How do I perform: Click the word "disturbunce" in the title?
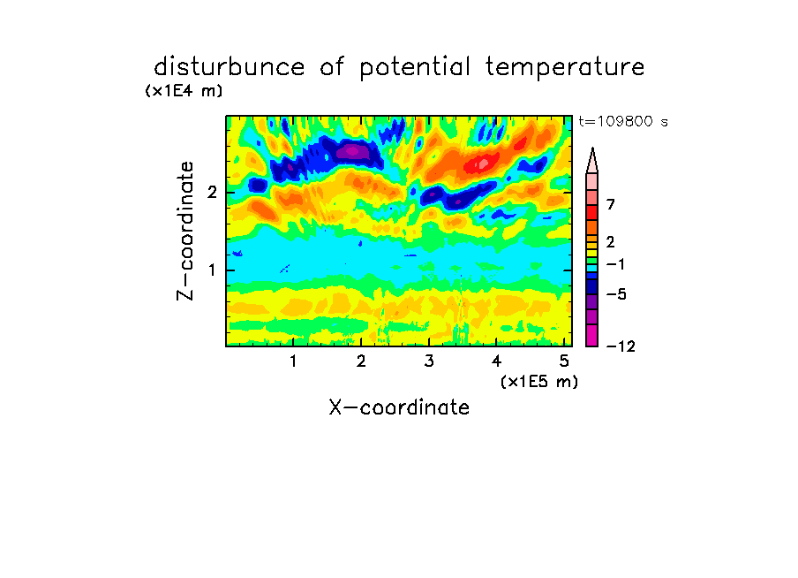[x=230, y=67]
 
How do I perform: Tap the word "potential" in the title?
[x=415, y=68]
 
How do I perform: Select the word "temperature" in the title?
[x=565, y=68]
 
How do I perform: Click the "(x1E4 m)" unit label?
[x=184, y=91]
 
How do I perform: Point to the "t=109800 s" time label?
[x=623, y=121]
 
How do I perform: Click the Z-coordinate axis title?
[x=185, y=231]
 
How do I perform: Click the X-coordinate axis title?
[x=399, y=407]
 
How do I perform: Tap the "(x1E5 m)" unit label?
[x=539, y=381]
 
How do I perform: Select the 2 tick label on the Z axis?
[x=212, y=193]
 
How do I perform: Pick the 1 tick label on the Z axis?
[x=212, y=270]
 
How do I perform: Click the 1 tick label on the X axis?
[x=293, y=361]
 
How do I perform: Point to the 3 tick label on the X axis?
[x=429, y=361]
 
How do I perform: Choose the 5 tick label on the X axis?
[x=564, y=361]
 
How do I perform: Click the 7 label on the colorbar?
[x=611, y=204]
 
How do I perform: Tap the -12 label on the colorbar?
[x=621, y=346]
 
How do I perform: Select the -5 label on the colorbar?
[x=617, y=294]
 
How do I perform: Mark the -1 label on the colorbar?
[x=616, y=264]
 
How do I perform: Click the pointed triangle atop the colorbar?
[x=592, y=161]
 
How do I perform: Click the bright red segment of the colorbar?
[x=592, y=212]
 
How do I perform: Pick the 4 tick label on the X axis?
[x=496, y=361]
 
